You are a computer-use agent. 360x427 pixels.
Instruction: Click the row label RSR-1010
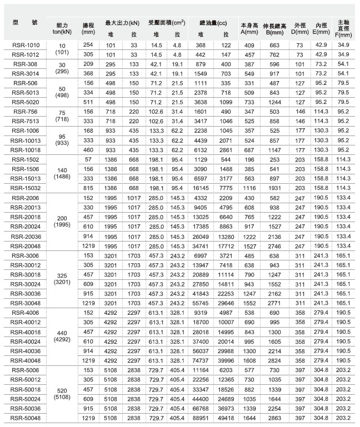click(x=25, y=44)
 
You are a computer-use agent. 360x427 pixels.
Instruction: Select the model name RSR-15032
click(x=25, y=188)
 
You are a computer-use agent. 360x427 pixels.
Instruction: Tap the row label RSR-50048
click(x=25, y=417)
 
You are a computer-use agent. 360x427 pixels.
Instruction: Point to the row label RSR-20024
click(x=25, y=227)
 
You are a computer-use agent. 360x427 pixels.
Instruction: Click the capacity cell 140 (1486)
click(x=62, y=174)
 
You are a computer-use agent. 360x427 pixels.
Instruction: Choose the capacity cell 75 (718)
click(x=62, y=117)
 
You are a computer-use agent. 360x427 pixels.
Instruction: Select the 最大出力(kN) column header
click(x=122, y=24)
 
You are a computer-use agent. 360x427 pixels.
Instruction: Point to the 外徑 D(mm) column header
click(x=300, y=29)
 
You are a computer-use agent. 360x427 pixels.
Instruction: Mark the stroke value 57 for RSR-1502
click(x=87, y=159)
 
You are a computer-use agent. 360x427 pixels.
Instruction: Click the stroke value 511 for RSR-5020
click(x=87, y=102)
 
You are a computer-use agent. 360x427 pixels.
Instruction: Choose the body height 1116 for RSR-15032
click(x=248, y=188)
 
